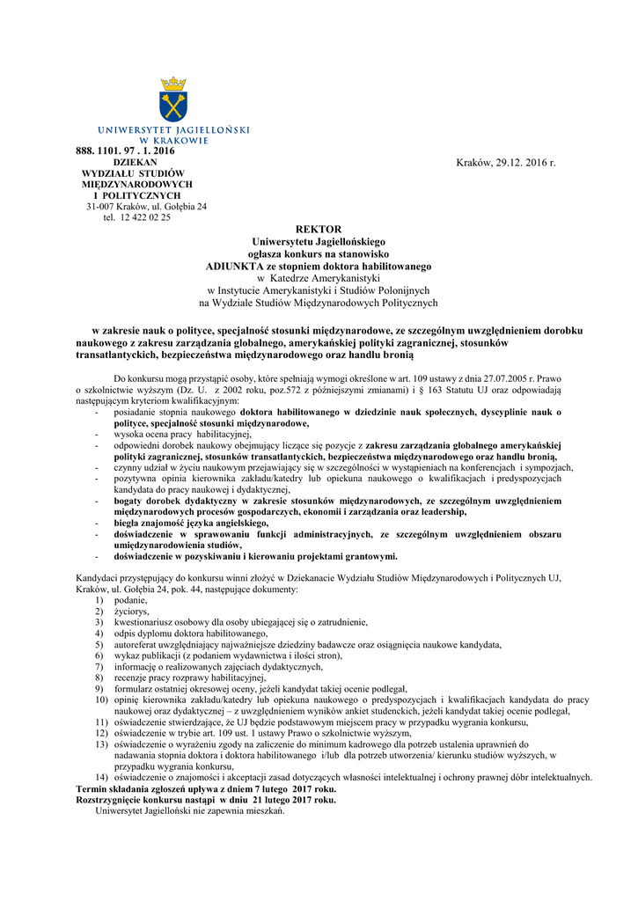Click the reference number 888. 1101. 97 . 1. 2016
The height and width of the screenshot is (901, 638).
[125, 151]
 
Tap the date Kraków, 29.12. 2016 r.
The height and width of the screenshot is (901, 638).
[506, 163]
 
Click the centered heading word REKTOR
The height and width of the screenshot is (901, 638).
[319, 229]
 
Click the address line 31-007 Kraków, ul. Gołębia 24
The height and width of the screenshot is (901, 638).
[146, 206]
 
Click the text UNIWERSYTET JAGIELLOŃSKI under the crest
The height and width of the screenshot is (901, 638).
[173, 130]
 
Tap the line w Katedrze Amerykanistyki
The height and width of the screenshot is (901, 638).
[319, 278]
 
